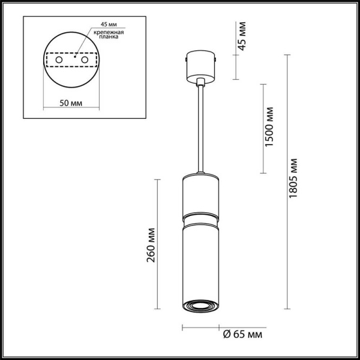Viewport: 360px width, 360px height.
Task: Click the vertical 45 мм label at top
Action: point(242,38)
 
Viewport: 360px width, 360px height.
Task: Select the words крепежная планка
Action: point(109,33)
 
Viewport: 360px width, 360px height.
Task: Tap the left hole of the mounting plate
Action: point(59,61)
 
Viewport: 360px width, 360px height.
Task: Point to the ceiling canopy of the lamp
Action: point(201,66)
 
